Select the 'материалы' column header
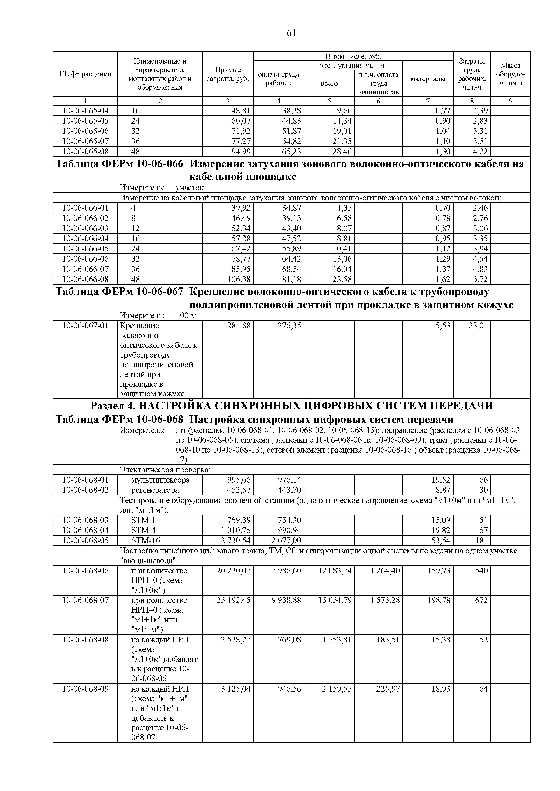(428, 79)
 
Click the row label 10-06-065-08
(85, 152)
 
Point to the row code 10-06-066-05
(85, 249)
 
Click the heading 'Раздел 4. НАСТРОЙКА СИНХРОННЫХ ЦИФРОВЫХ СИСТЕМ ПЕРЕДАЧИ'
(291, 406)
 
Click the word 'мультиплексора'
(160, 480)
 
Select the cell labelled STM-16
(146, 540)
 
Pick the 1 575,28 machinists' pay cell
(385, 600)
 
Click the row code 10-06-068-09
(85, 689)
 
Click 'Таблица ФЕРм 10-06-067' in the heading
(119, 292)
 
